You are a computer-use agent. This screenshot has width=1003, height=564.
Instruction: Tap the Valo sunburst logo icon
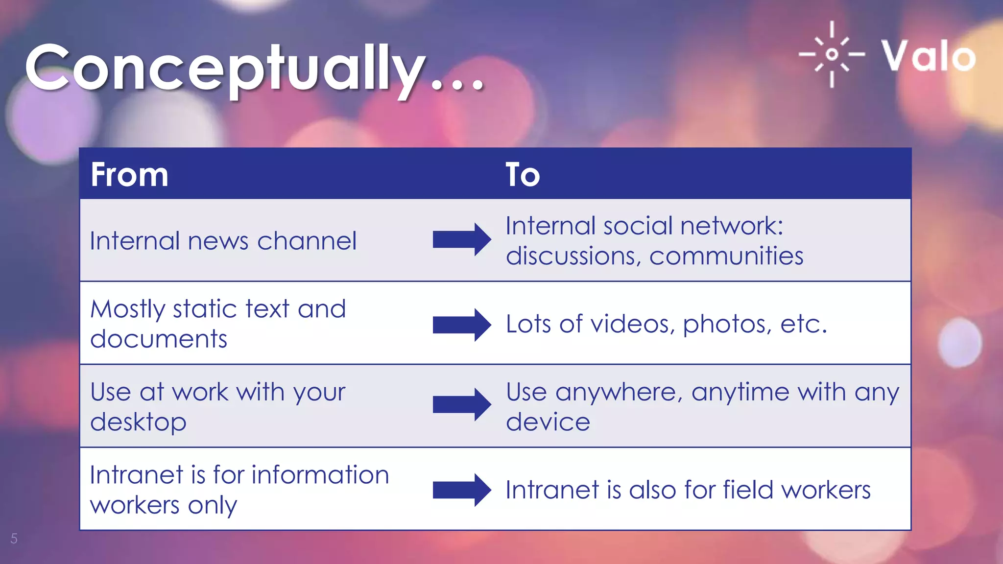click(832, 54)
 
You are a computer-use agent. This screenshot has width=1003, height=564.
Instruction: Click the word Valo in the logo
click(929, 56)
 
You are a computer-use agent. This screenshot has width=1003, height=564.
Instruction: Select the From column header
click(130, 175)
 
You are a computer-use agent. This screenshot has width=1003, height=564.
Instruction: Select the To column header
click(523, 175)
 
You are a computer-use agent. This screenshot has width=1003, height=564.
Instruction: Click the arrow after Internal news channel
click(461, 239)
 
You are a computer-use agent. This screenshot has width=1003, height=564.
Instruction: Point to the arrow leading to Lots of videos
click(461, 325)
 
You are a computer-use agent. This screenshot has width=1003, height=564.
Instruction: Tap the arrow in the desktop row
click(461, 404)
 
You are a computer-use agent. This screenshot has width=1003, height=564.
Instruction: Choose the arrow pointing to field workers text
click(461, 490)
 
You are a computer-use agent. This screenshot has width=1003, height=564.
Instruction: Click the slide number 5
click(14, 539)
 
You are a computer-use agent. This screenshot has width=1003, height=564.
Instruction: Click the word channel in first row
click(307, 241)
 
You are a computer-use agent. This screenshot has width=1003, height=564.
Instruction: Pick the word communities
click(726, 256)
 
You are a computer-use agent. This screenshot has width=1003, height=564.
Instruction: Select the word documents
click(159, 339)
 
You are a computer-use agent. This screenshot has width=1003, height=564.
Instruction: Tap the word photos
click(727, 325)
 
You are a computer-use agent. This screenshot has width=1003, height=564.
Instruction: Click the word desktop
click(138, 422)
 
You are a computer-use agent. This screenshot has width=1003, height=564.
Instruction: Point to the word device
click(548, 422)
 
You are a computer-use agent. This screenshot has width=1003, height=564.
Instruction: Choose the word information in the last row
click(320, 475)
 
